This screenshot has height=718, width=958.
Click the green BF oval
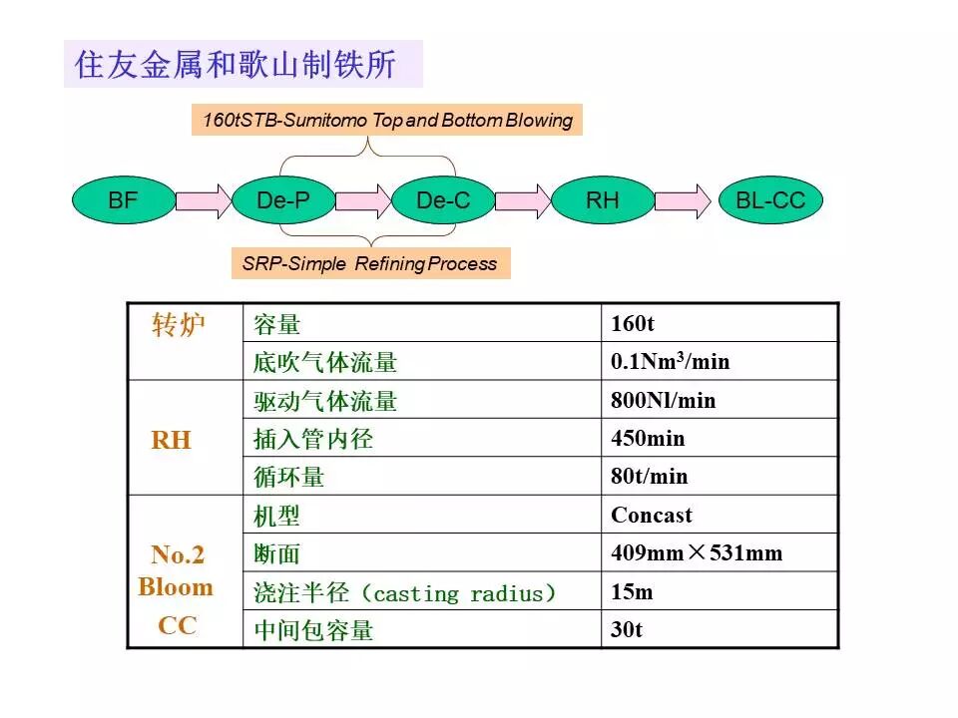[x=123, y=200]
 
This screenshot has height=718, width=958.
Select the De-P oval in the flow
[x=282, y=200]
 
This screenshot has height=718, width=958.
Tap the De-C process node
[x=443, y=200]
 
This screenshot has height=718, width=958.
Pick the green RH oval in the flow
[x=602, y=200]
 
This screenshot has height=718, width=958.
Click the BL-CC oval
[x=769, y=200]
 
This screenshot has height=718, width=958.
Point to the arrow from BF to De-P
[x=203, y=200]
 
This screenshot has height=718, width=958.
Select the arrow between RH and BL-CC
[x=684, y=200]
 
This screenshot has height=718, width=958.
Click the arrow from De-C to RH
[x=523, y=200]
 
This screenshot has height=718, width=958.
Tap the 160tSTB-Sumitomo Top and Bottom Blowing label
[x=387, y=121]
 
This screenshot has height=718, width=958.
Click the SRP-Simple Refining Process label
[x=370, y=264]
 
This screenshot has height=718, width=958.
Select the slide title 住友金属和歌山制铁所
[x=236, y=65]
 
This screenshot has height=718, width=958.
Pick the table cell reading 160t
[x=633, y=324]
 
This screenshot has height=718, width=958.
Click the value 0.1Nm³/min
[x=670, y=362]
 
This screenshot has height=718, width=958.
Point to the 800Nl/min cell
[x=663, y=400]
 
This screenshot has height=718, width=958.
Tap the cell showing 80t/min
[x=649, y=477]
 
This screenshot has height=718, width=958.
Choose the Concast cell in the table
[x=651, y=516]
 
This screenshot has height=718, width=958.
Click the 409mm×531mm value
[x=697, y=553]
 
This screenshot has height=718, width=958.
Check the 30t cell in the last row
[x=627, y=630]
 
